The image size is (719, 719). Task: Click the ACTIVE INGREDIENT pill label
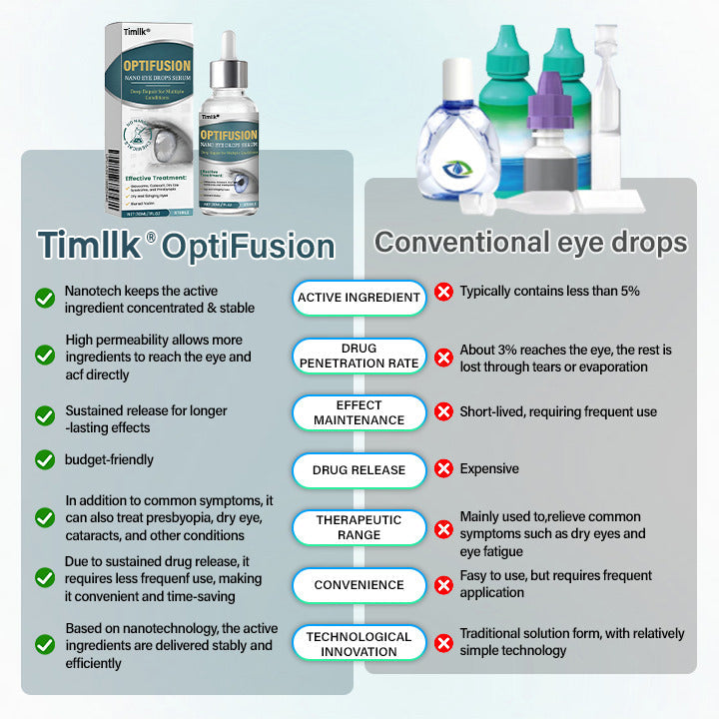click(359, 298)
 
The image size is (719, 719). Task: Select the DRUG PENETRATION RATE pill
click(359, 356)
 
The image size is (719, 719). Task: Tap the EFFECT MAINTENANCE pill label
click(359, 412)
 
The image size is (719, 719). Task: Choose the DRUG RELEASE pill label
click(359, 469)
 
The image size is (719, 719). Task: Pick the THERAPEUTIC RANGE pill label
click(359, 527)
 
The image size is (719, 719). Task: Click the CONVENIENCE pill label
click(359, 585)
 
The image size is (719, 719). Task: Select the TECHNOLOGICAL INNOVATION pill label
click(359, 643)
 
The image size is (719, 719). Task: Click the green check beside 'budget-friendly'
click(45, 459)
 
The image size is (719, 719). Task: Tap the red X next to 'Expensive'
click(443, 469)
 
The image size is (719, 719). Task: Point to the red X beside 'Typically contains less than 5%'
click(443, 293)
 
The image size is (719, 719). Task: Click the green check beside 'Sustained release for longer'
click(45, 415)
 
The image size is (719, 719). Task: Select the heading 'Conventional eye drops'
click(530, 243)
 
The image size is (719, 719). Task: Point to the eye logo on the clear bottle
click(459, 170)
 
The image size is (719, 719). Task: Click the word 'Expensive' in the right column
click(489, 468)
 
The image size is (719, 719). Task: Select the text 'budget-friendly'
click(110, 460)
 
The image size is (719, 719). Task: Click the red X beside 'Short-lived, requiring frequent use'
click(443, 412)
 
